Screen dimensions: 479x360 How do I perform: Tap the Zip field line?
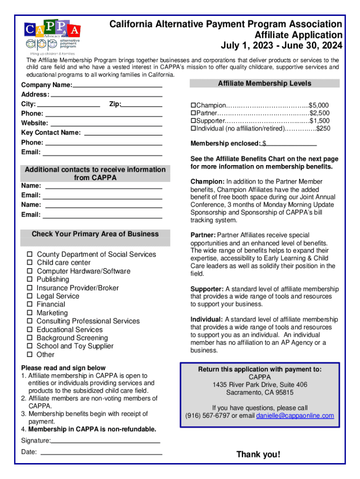click(x=142, y=105)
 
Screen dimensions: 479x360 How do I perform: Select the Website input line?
click(x=106, y=124)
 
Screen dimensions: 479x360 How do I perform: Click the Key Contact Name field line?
click(x=122, y=133)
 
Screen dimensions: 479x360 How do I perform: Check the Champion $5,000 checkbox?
click(x=193, y=105)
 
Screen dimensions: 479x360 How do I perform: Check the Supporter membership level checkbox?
click(x=193, y=121)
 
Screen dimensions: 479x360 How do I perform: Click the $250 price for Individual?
click(x=323, y=129)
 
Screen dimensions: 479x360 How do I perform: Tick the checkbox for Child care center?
click(x=29, y=263)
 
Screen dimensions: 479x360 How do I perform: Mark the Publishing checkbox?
click(x=29, y=280)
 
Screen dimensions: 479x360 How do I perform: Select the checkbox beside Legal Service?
click(x=29, y=296)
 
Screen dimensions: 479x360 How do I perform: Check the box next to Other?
click(x=29, y=355)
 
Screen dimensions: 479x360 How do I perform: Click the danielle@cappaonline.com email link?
click(x=295, y=415)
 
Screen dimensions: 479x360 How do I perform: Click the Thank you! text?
click(x=259, y=454)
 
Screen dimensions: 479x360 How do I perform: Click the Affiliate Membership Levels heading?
click(x=265, y=83)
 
